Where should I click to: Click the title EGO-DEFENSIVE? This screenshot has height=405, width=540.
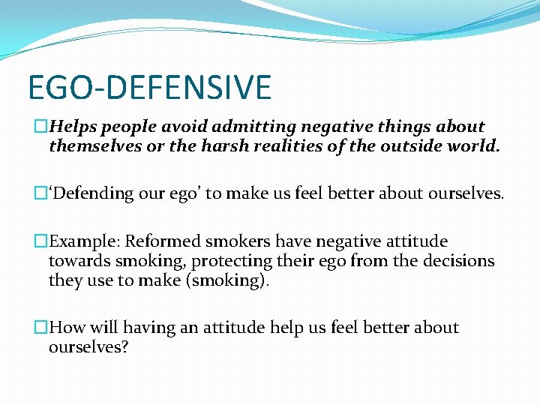click(149, 87)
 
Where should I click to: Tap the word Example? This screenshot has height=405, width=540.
click(85, 241)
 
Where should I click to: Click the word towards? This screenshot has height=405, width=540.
click(77, 261)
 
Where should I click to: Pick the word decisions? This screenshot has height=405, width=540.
click(457, 261)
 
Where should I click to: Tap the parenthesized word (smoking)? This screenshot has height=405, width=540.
click(232, 280)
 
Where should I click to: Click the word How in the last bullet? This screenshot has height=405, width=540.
click(66, 328)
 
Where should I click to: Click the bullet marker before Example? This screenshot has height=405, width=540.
click(41, 241)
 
